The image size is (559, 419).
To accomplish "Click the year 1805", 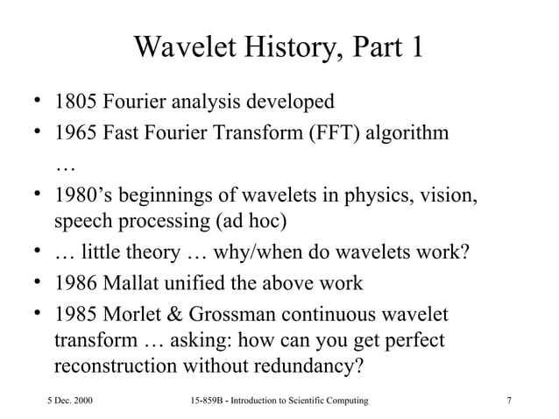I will pyautogui.click(x=75, y=103).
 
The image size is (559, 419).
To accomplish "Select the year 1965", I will pyautogui.click(x=75, y=134).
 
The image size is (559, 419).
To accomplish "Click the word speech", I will pyautogui.click(x=81, y=220).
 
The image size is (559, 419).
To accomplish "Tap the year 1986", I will pyautogui.click(x=75, y=284).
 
